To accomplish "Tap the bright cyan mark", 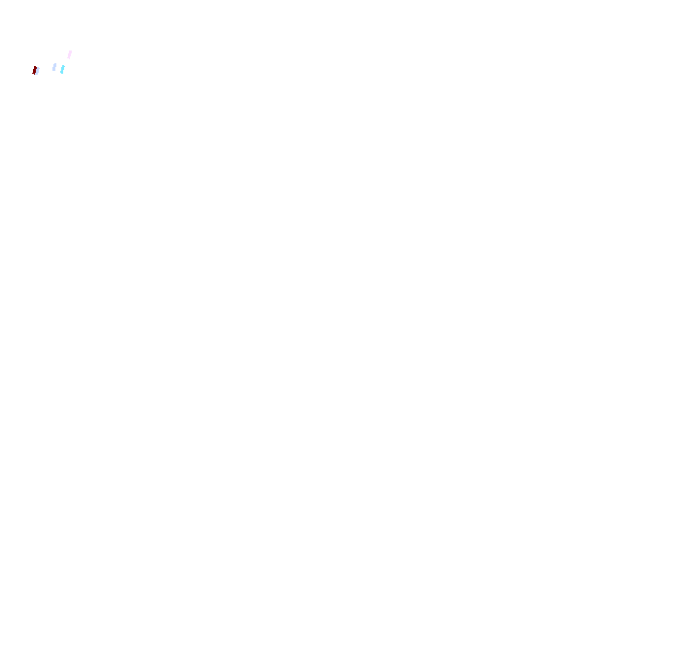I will coord(62,69).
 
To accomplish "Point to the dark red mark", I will coord(36,71).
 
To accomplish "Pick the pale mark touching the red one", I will coord(38,70).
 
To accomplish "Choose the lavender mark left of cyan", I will coord(54,67).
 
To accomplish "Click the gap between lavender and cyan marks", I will coord(58,68).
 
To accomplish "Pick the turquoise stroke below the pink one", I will coord(62,69).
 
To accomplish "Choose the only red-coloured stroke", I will coord(36,71).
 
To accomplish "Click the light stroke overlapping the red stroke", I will coord(38,70).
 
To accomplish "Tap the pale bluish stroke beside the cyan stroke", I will coord(54,67).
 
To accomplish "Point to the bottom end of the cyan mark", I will coord(61,73).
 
